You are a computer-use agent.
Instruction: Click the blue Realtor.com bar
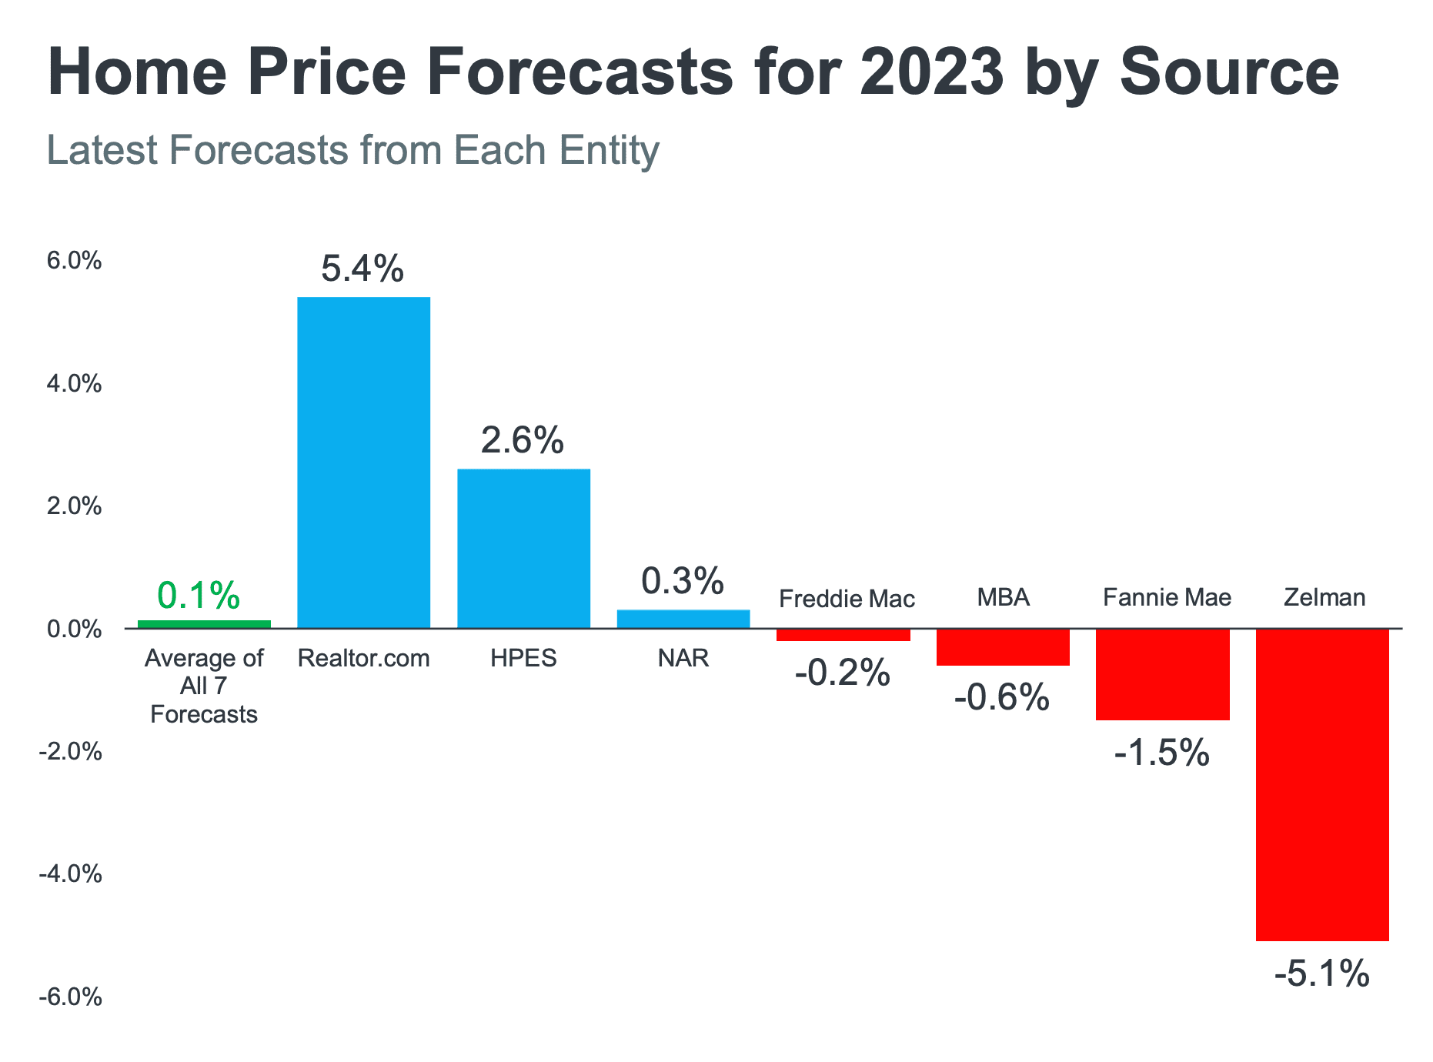click(x=363, y=462)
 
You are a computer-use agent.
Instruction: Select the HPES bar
click(x=523, y=548)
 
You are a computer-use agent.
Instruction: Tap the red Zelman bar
click(x=1322, y=783)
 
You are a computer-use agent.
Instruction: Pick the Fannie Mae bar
click(x=1162, y=674)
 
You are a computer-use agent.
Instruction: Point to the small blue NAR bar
click(x=683, y=619)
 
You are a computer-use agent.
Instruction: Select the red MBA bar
click(x=1003, y=647)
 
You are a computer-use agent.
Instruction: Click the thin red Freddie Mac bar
click(x=843, y=635)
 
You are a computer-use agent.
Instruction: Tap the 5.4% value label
click(x=362, y=269)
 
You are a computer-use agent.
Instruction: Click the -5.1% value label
click(x=1322, y=974)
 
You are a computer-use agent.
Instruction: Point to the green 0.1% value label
click(x=199, y=595)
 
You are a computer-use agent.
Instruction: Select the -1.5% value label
click(x=1162, y=753)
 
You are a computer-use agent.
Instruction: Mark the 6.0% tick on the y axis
click(x=74, y=261)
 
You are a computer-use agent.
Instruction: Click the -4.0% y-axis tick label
click(x=71, y=874)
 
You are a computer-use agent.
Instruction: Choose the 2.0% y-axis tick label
click(x=74, y=506)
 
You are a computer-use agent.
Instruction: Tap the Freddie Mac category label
click(x=847, y=599)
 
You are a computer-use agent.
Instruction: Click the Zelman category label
click(x=1324, y=597)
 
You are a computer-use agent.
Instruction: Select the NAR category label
click(x=683, y=658)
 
